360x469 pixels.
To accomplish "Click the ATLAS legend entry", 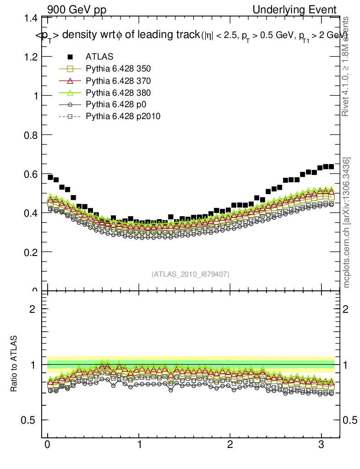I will click(x=99, y=57).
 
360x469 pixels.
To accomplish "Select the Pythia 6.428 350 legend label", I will click(x=118, y=69).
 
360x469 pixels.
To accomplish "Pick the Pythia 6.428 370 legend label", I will click(x=118, y=81).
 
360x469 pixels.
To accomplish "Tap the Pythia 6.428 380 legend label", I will click(x=118, y=93).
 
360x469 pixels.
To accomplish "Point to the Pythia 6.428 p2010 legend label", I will click(x=123, y=116).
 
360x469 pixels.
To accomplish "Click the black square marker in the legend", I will click(x=70, y=57).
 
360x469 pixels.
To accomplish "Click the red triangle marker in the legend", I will click(x=70, y=81).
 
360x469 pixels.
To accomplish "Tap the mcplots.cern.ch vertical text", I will click(x=347, y=223).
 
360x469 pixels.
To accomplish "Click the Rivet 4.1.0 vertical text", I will click(x=346, y=66).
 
